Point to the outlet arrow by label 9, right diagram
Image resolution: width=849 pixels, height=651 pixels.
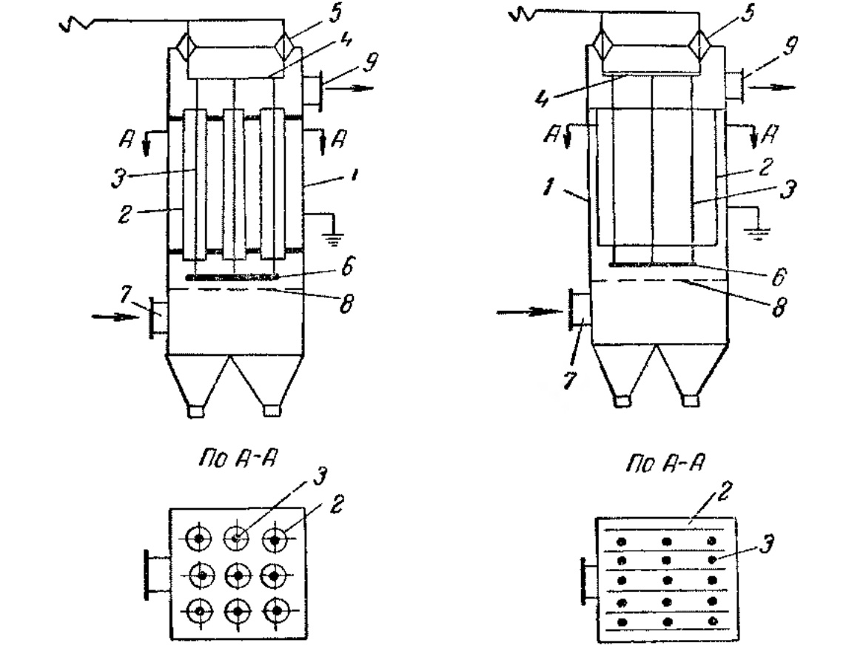[x=774, y=87]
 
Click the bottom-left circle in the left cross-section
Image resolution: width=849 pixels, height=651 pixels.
[x=199, y=611]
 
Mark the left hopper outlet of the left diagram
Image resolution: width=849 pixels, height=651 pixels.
[x=196, y=410]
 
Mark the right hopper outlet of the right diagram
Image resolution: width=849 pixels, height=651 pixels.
[x=690, y=400]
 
